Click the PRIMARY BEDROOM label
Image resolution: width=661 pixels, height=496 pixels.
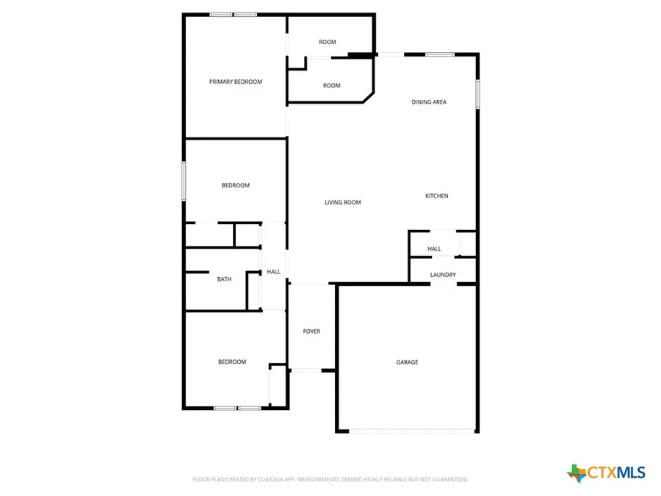[x=235, y=82]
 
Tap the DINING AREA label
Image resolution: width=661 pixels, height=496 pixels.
[x=428, y=102]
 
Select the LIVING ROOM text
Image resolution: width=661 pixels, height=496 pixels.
[x=343, y=202]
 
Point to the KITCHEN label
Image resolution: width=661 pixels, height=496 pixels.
[x=436, y=195]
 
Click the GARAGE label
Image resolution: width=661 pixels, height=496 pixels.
[x=407, y=362]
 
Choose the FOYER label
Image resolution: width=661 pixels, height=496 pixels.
[x=311, y=331]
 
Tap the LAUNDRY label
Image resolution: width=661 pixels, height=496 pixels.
[x=443, y=275]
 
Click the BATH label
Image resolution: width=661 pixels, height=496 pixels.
[x=224, y=279]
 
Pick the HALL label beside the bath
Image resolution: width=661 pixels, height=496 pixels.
[x=273, y=272]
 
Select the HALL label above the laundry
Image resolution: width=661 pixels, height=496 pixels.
[x=434, y=249]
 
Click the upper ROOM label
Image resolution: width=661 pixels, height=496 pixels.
[x=328, y=42]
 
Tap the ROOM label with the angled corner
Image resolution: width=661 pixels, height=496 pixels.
[x=332, y=85]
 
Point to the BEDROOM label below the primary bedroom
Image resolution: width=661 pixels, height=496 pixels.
[x=236, y=185]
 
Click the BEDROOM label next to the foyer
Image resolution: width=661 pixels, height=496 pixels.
[x=232, y=362]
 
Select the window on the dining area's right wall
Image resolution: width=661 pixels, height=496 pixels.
[x=477, y=94]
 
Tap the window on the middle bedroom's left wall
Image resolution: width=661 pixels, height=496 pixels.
[x=184, y=180]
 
